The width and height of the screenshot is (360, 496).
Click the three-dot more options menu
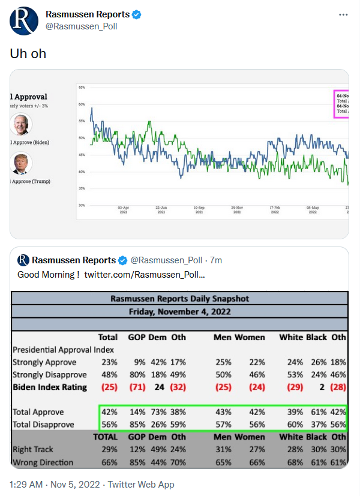pyautogui.click(x=343, y=14)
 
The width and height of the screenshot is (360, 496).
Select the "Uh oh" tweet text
pyautogui.click(x=28, y=53)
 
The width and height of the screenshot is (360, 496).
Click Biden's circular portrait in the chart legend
pyautogui.click(x=22, y=124)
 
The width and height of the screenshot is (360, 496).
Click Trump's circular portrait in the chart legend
pyautogui.click(x=22, y=163)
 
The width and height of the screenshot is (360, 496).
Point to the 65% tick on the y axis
pyautogui.click(x=81, y=88)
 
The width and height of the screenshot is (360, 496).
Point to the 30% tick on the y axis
pyautogui.click(x=81, y=205)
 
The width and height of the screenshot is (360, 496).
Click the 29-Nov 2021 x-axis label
pyautogui.click(x=238, y=209)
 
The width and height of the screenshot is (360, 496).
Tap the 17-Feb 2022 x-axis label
pyautogui.click(x=275, y=209)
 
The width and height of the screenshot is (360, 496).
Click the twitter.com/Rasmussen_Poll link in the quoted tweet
pyautogui.click(x=145, y=274)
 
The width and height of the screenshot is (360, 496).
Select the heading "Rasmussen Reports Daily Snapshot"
pyautogui.click(x=179, y=298)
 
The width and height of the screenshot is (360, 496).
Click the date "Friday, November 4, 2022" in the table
pyautogui.click(x=179, y=311)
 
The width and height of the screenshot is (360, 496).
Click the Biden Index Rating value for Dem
pyautogui.click(x=159, y=387)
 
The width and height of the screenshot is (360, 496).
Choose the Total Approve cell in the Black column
pyautogui.click(x=317, y=413)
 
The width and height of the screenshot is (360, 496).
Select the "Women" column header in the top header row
pyautogui.click(x=250, y=337)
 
